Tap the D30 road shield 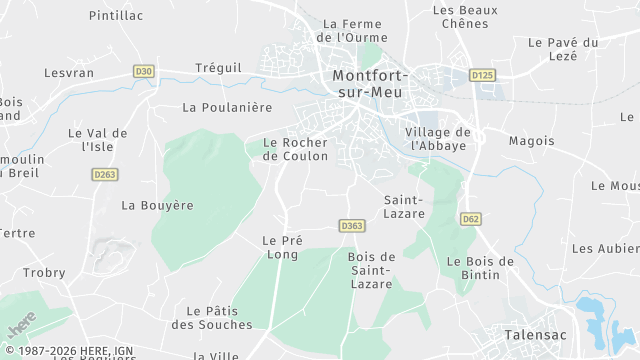click(x=144, y=72)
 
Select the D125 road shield click(x=482, y=75)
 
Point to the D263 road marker click(x=104, y=174)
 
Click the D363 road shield click(x=351, y=226)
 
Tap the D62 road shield click(x=471, y=217)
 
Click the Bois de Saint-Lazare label click(x=372, y=271)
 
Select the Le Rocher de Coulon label click(x=294, y=149)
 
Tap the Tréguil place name click(x=218, y=67)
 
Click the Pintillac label click(x=116, y=16)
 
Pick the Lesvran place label click(x=68, y=73)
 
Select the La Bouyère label click(x=157, y=205)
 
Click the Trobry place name click(x=44, y=273)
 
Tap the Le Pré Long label click(x=282, y=247)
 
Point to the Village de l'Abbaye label click(x=438, y=138)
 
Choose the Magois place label click(x=531, y=141)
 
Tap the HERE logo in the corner click(x=20, y=324)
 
